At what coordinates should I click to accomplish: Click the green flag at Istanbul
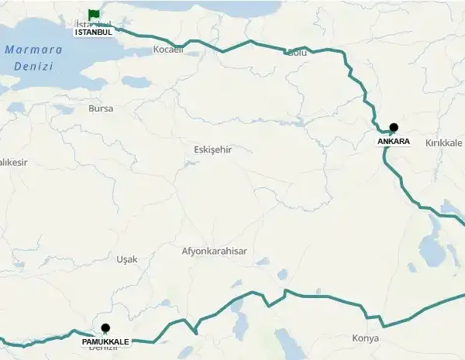[x=94, y=14]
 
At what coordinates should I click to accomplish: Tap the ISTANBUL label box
[x=94, y=33]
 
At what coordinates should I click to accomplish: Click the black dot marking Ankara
[x=394, y=127]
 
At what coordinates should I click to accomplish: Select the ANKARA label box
[x=394, y=142]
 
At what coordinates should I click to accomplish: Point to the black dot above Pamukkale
[x=105, y=327]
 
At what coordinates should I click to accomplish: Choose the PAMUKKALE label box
[x=105, y=341]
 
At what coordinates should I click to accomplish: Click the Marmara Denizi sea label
[x=33, y=57]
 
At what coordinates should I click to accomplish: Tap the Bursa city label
[x=101, y=109]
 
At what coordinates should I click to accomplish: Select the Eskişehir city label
[x=212, y=149]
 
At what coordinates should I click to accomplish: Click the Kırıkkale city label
[x=443, y=144]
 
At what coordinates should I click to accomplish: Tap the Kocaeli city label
[x=168, y=50]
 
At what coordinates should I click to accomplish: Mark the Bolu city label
[x=297, y=53]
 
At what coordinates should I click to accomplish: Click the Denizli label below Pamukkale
[x=104, y=349]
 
